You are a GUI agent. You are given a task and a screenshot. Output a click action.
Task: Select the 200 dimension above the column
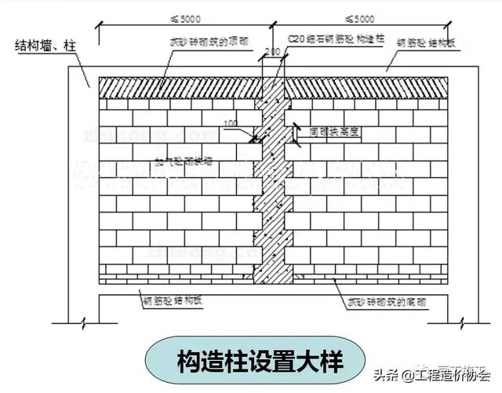272,53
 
